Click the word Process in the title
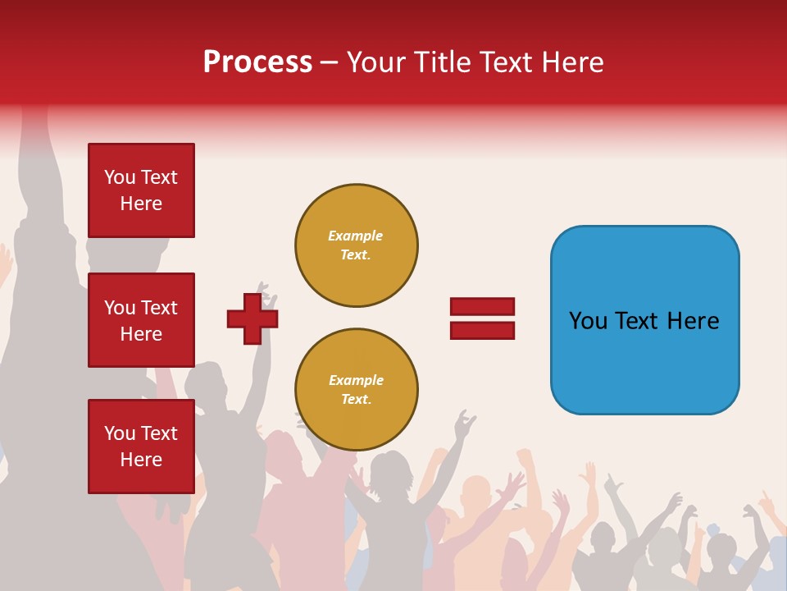click(257, 62)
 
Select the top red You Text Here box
click(141, 190)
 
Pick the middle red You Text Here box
click(141, 320)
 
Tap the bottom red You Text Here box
click(141, 447)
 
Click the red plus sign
click(252, 318)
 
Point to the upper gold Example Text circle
click(357, 245)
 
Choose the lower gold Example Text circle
click(357, 390)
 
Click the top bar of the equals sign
click(482, 307)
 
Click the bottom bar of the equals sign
click(482, 331)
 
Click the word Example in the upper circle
click(355, 236)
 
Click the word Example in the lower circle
click(356, 380)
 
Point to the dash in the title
click(329, 62)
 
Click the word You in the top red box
click(120, 177)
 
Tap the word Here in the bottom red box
click(141, 460)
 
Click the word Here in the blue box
click(693, 321)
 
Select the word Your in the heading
click(376, 62)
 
